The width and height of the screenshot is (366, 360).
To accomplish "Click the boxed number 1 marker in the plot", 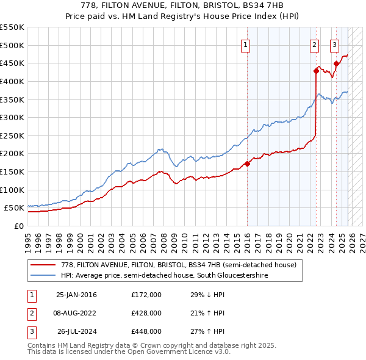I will pyautogui.click(x=245, y=44).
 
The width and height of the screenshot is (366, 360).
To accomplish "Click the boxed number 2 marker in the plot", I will pyautogui.click(x=314, y=44).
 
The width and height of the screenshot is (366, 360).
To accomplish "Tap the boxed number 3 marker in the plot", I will pyautogui.click(x=335, y=44).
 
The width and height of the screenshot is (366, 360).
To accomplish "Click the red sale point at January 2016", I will pyautogui.click(x=247, y=164).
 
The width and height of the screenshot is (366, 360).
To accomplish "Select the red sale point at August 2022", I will pyautogui.click(x=316, y=71).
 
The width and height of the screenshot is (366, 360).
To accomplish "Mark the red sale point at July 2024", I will pyautogui.click(x=336, y=63).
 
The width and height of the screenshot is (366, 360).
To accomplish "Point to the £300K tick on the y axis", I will pyautogui.click(x=12, y=117).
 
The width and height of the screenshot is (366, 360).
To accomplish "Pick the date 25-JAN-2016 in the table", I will pyautogui.click(x=76, y=295).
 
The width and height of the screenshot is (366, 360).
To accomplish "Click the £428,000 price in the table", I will pyautogui.click(x=146, y=313).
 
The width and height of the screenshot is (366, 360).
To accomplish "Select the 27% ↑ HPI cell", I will pyautogui.click(x=208, y=331).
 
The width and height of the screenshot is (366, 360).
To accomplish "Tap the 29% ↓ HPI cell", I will pyautogui.click(x=208, y=295).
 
